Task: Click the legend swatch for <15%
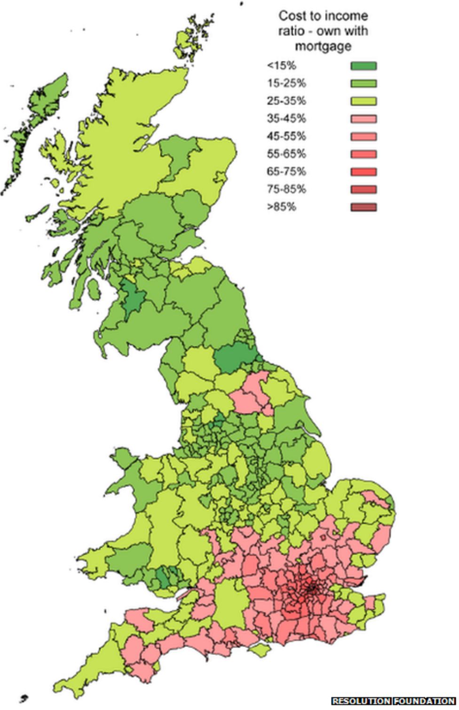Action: click(363, 66)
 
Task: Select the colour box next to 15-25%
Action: click(363, 84)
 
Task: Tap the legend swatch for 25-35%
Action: click(363, 101)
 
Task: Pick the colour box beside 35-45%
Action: click(363, 119)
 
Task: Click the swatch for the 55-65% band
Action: click(363, 154)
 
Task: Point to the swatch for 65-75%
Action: click(363, 172)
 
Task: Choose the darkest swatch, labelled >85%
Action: click(363, 207)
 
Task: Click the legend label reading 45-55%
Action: click(286, 136)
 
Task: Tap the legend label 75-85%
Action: click(286, 189)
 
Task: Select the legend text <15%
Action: click(281, 66)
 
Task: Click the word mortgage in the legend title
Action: click(323, 46)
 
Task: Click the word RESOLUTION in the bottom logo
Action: click(361, 701)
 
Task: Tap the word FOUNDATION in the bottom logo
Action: click(424, 701)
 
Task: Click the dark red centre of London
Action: click(311, 587)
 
